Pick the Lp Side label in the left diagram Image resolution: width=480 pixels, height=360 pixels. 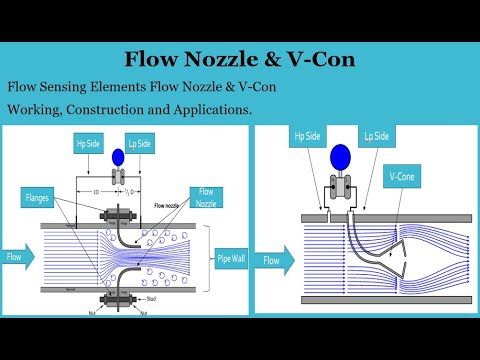coord(140,143)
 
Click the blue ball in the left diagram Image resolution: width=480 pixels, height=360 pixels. coord(118,156)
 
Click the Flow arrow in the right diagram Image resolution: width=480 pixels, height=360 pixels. coord(275,260)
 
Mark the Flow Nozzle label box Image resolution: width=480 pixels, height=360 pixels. coord(207,197)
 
